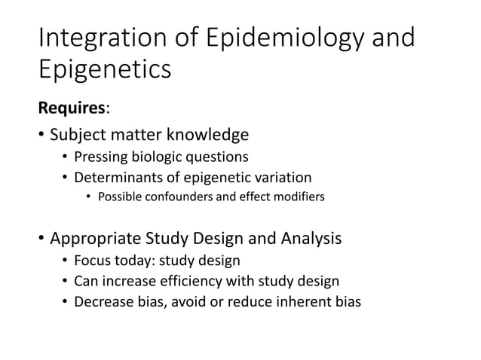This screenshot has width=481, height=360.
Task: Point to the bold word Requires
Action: (72, 108)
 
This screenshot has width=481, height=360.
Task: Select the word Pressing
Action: (101, 157)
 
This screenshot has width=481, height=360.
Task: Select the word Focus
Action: (91, 261)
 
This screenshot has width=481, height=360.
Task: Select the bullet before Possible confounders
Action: (87, 198)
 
